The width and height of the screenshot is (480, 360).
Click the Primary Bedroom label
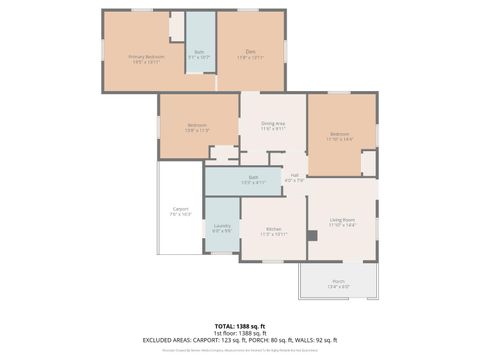coord(146,57)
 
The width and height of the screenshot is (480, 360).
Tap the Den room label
coord(252,52)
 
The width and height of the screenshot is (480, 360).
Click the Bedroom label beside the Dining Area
coord(196,125)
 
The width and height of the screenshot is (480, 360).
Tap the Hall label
coord(295,175)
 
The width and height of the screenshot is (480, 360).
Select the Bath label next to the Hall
coord(252,177)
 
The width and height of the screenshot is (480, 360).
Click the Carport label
coord(180,209)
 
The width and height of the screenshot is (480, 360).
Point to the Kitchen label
coord(274,229)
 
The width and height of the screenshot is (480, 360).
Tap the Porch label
coord(338,281)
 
